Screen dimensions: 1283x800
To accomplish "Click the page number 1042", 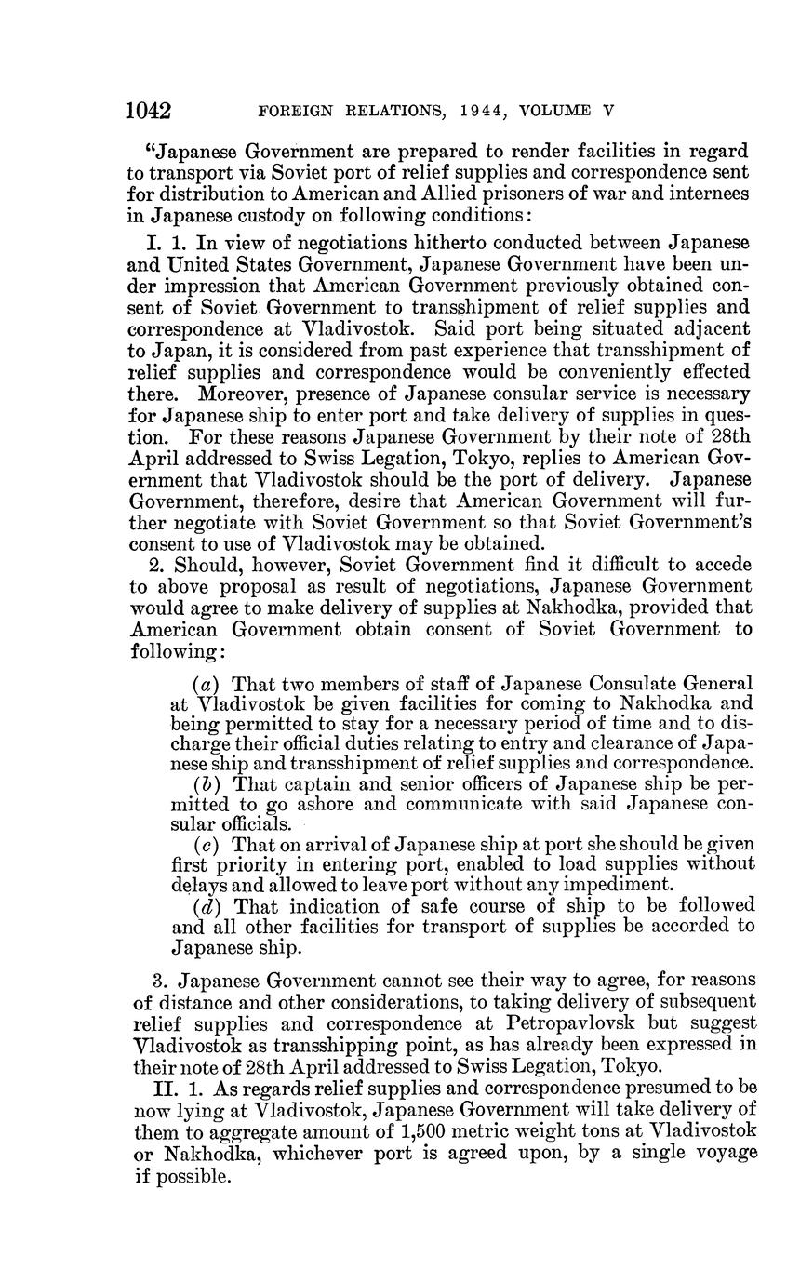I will tap(149, 112).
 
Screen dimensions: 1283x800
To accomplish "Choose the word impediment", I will tap(621, 885).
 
